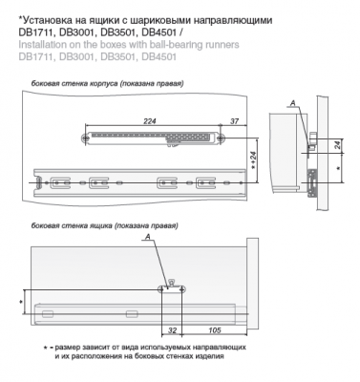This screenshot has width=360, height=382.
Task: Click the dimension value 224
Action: [150, 121]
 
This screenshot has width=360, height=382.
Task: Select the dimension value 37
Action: [234, 121]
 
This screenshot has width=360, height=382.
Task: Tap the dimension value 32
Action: [172, 330]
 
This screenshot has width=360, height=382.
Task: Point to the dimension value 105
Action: [215, 330]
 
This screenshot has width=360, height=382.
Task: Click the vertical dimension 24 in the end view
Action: [338, 145]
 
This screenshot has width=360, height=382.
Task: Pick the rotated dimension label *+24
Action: [254, 160]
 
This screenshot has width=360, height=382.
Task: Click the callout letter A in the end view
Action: [293, 103]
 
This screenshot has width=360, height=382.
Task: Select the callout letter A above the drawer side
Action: [147, 237]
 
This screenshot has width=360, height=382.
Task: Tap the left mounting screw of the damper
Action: [85, 138]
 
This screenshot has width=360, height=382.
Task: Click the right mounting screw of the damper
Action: [222, 138]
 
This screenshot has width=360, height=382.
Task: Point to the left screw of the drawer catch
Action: [161, 289]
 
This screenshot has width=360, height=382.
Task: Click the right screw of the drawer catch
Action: [182, 289]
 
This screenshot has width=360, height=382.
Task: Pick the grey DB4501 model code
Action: [159, 56]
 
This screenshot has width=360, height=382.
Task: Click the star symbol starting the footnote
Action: [45, 347]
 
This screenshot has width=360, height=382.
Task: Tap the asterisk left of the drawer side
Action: [21, 301]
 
